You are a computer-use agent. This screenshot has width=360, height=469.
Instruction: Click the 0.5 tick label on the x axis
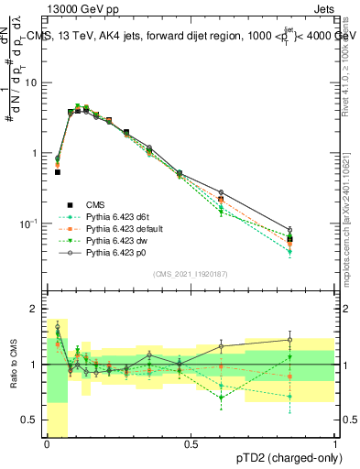point(191,444)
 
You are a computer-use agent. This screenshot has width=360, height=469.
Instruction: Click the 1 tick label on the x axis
point(334,444)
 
